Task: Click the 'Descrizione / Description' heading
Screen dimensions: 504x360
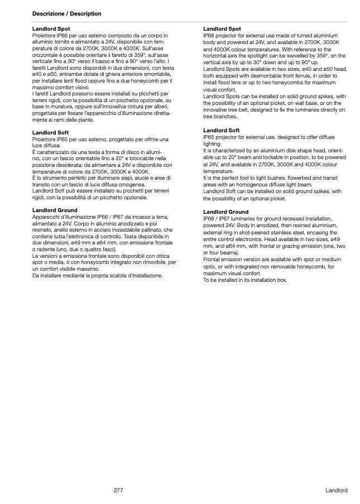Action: [x=67, y=13]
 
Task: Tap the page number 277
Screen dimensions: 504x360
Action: [x=118, y=490]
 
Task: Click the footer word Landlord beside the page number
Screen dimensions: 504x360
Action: [x=337, y=490]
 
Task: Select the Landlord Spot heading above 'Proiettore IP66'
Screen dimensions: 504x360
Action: [x=51, y=28]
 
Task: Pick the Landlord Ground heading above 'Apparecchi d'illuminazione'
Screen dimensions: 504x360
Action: [x=55, y=210]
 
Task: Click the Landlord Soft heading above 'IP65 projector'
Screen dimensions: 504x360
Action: [x=222, y=130]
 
